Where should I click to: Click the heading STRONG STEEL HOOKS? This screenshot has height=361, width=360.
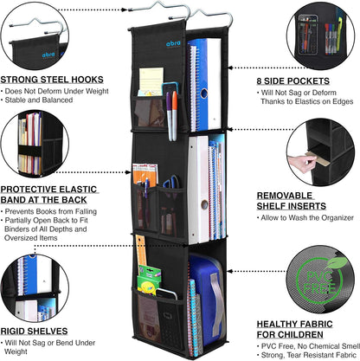[52, 80]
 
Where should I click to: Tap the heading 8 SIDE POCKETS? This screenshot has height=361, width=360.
[293, 81]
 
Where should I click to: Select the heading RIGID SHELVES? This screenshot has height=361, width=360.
[34, 331]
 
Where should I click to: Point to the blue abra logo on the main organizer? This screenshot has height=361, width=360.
[173, 43]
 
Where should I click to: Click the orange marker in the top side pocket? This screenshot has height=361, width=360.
[175, 115]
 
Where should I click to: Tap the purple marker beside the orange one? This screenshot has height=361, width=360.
[169, 116]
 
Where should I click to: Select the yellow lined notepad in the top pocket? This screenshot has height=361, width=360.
[151, 81]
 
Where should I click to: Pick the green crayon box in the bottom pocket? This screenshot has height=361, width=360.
[149, 280]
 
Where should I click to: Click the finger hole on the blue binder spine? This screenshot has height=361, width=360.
[204, 93]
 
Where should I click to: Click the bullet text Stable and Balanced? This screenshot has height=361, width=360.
[39, 100]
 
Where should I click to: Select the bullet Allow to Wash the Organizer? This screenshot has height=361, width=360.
[307, 217]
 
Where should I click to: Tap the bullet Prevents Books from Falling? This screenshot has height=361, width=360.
[51, 211]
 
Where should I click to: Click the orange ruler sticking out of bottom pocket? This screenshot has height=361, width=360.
[141, 250]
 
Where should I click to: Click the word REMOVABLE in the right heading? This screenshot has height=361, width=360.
[285, 196]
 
